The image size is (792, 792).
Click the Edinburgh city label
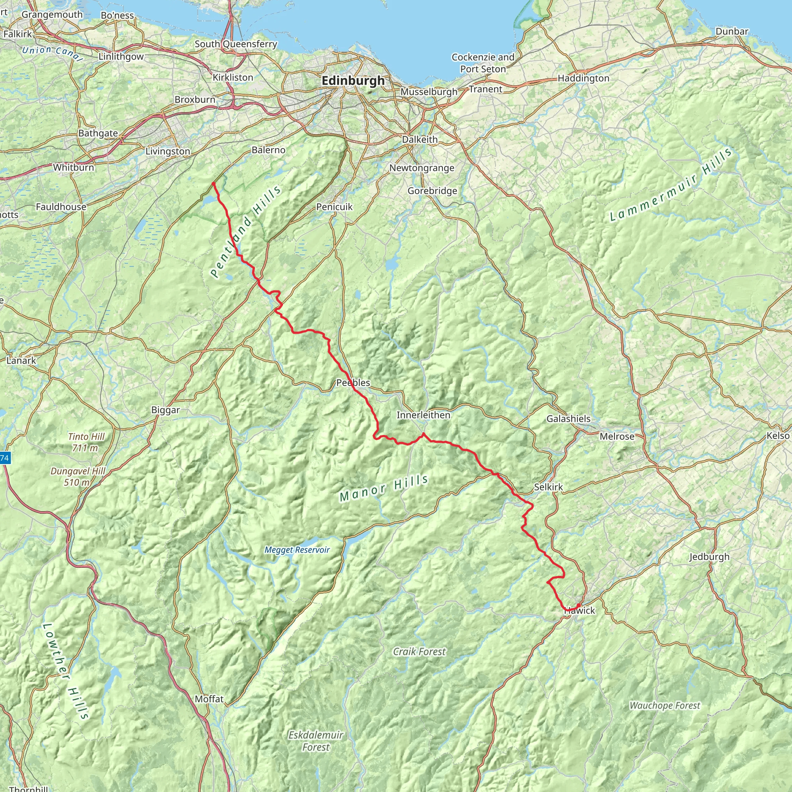pyautogui.click(x=353, y=81)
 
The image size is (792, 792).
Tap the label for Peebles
pyautogui.click(x=353, y=383)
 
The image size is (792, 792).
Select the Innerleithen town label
pyautogui.click(x=423, y=415)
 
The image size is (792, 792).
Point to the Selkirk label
pyautogui.click(x=548, y=487)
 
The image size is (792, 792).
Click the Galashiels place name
pyautogui.click(x=568, y=418)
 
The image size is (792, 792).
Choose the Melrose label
pyautogui.click(x=616, y=436)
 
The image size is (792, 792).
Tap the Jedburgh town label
pyautogui.click(x=709, y=557)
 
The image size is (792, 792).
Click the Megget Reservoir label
pyautogui.click(x=297, y=550)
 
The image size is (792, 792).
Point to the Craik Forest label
pyautogui.click(x=419, y=651)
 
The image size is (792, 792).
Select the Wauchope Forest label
pyautogui.click(x=665, y=705)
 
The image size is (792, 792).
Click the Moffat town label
pyautogui.click(x=209, y=699)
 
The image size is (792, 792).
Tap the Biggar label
pyautogui.click(x=166, y=410)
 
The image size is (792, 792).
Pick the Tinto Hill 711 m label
pyautogui.click(x=86, y=442)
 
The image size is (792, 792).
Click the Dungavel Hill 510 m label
pyautogui.click(x=78, y=477)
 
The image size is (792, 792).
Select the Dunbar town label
pyautogui.click(x=732, y=32)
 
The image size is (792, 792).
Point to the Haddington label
pyautogui.click(x=583, y=78)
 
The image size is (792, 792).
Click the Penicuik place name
pyautogui.click(x=334, y=207)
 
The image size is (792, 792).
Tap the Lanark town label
pyautogui.click(x=21, y=361)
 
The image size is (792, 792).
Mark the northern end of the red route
pyautogui.click(x=213, y=183)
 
